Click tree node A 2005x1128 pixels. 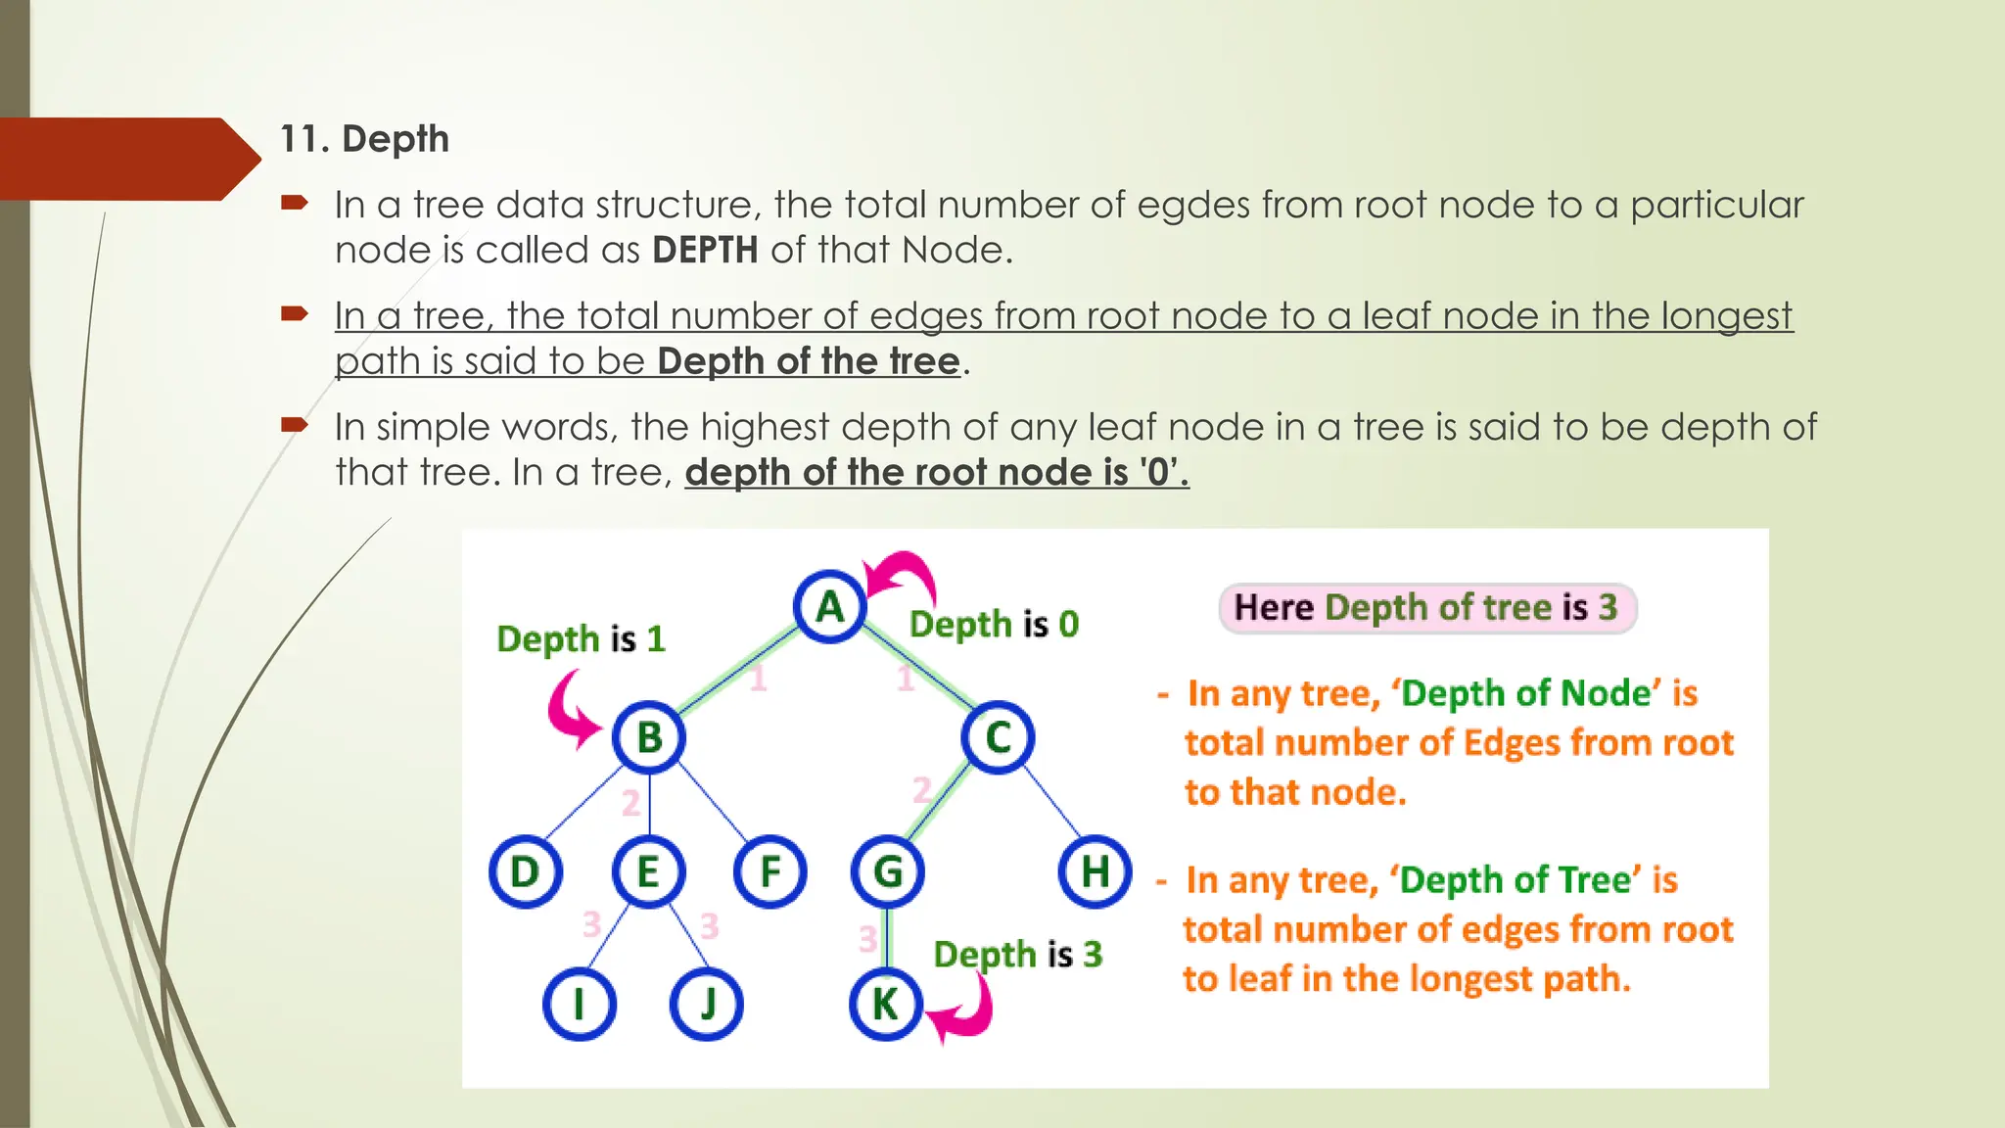830,607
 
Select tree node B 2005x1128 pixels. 649,737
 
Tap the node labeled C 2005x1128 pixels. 998,737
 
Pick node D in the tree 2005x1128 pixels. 526,871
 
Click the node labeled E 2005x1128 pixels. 648,871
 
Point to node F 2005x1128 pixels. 770,871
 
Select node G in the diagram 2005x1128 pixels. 887,871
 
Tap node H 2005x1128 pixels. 1096,870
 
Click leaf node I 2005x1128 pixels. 580,1005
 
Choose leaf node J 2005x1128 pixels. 707,1005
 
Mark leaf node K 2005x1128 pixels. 886,1005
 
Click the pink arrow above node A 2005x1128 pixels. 902,575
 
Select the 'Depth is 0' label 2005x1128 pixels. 994,624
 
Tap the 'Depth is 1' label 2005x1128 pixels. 581,639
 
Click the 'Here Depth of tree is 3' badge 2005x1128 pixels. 1426,608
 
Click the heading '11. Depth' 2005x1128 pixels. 364,139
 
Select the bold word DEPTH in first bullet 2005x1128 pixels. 705,251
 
